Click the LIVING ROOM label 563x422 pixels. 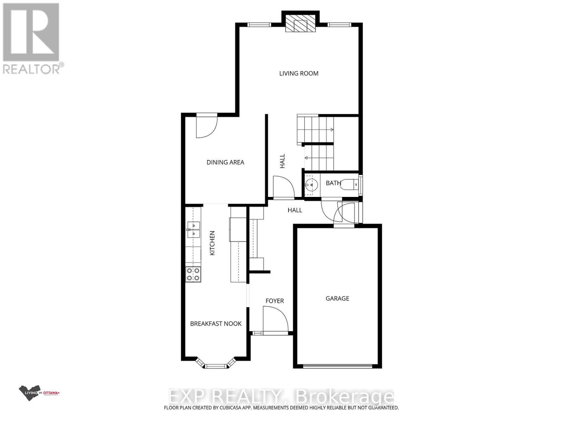pyautogui.click(x=299, y=73)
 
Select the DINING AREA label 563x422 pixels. pyautogui.click(x=225, y=162)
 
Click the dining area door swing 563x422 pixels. pyautogui.click(x=207, y=127)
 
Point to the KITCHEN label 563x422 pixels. pyautogui.click(x=212, y=243)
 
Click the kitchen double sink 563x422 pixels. pyautogui.click(x=193, y=229)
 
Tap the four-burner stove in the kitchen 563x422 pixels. pyautogui.click(x=193, y=274)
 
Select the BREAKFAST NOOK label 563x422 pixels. pyautogui.click(x=216, y=324)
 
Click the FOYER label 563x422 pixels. pyautogui.click(x=274, y=301)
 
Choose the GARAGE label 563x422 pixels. pyautogui.click(x=337, y=298)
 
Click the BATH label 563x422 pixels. pyautogui.click(x=333, y=183)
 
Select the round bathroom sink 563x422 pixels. pyautogui.click(x=311, y=184)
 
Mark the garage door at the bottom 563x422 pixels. pyautogui.click(x=337, y=366)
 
